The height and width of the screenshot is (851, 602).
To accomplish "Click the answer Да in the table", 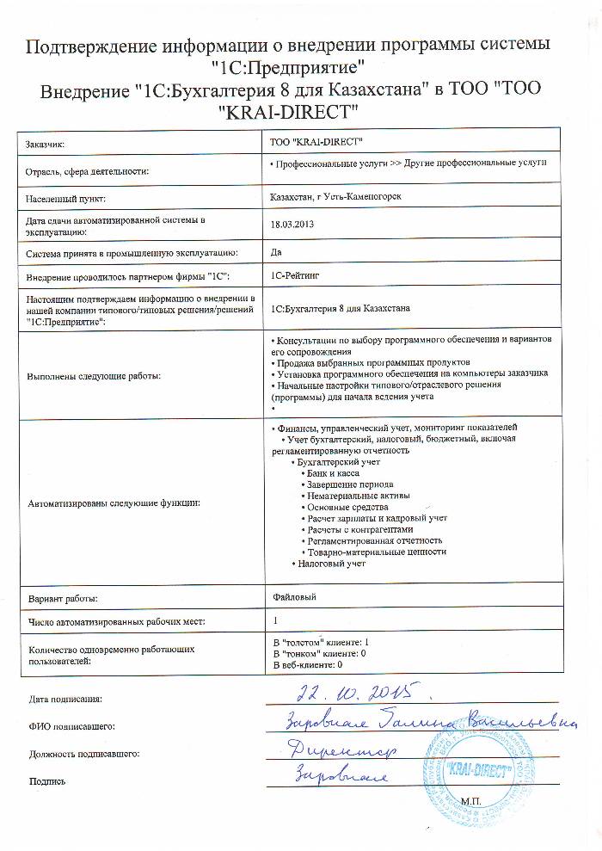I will (x=276, y=252).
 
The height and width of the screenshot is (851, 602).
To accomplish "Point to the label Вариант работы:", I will (x=63, y=597).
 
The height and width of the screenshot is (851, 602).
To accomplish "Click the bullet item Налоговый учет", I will (x=332, y=564).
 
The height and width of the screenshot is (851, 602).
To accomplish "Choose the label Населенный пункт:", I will (x=65, y=199).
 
